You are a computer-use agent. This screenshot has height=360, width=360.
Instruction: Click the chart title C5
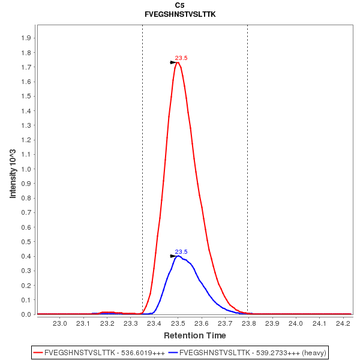pos(180,5)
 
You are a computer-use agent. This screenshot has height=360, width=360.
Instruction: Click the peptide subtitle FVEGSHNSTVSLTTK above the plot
pos(180,13)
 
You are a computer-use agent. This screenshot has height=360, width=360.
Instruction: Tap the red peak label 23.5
pos(181,58)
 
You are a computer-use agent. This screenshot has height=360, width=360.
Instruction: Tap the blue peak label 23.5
pos(181,252)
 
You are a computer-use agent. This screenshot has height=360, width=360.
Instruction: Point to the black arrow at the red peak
pos(174,62)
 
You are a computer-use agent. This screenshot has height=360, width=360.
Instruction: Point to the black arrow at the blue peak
pos(174,256)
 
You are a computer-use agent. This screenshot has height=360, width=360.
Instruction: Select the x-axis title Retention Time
pos(195,335)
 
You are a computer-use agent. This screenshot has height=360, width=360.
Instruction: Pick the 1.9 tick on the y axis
pos(26,38)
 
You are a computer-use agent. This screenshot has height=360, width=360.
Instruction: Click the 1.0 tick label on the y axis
pos(26,169)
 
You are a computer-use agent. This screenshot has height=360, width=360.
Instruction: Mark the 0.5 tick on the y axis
pos(26,242)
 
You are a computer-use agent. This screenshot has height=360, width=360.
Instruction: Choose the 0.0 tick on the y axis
pos(26,314)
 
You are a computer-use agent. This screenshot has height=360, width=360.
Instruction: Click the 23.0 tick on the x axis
pos(60,324)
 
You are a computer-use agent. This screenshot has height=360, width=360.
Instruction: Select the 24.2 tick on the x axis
pos(343,324)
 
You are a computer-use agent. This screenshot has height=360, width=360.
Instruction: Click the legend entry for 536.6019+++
pos(99,352)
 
